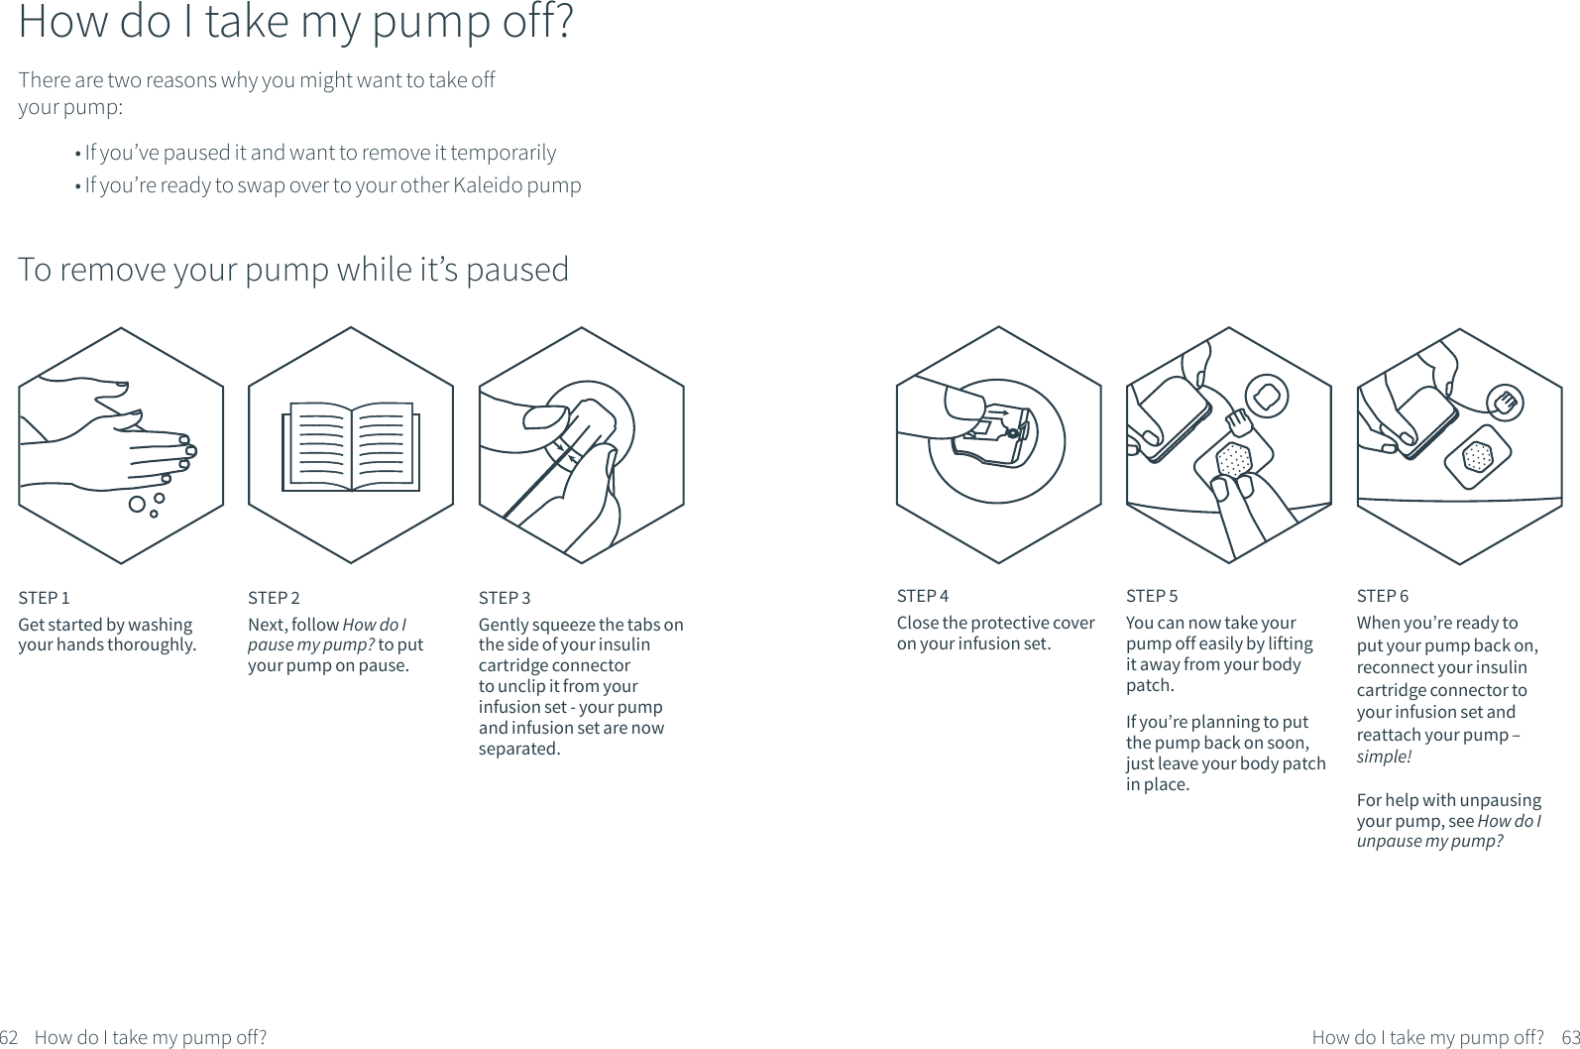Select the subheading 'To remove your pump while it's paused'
tap(293, 270)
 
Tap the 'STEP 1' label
tap(44, 598)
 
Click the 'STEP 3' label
tap(505, 598)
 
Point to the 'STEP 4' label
tap(922, 596)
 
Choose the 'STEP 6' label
tap(1382, 596)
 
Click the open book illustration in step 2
tap(351, 446)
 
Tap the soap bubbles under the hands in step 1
tap(144, 505)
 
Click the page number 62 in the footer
tap(10, 1037)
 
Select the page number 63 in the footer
tap(1570, 1037)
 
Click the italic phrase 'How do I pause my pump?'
tap(327, 635)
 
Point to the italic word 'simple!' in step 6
tap(1383, 757)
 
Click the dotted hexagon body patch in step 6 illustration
tap(1477, 457)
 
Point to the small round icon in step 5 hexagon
tap(1266, 399)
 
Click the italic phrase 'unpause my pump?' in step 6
tap(1429, 842)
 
